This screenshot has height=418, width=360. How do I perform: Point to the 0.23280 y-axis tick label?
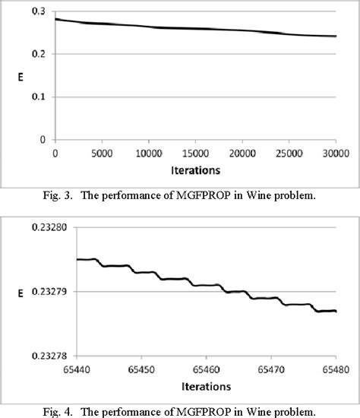coord(30,227)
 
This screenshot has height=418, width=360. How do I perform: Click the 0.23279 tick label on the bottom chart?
coord(30,291)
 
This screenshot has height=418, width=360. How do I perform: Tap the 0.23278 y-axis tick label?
coord(30,355)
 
